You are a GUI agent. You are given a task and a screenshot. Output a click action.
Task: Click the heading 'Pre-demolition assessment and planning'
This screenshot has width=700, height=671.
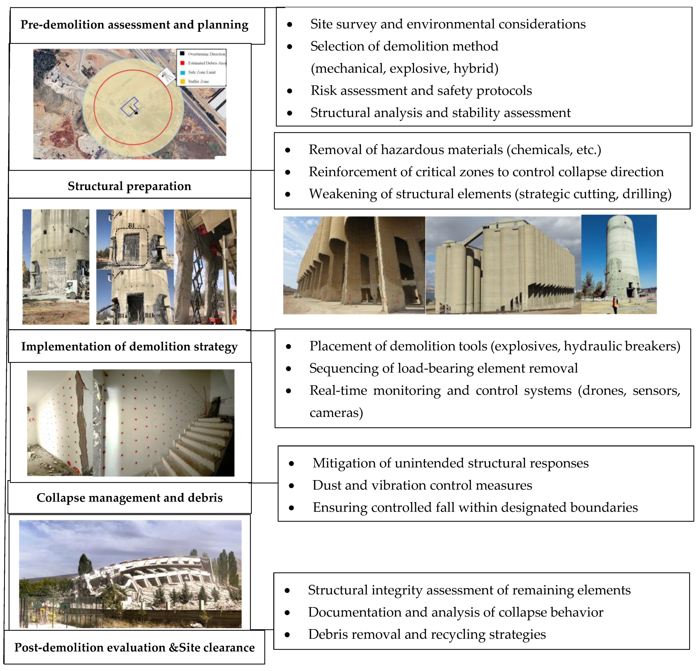coord(134,25)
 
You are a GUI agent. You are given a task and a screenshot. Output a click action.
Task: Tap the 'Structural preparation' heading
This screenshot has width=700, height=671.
coord(129,186)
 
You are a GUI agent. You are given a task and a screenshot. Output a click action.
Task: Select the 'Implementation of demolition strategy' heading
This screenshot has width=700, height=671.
coord(129,346)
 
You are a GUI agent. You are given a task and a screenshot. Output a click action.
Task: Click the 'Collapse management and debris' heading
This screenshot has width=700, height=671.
coord(129,498)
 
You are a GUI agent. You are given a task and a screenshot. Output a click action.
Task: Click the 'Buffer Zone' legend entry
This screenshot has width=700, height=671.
coord(199,81)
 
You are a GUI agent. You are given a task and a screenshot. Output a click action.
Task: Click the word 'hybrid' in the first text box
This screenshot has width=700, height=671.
coord(475,68)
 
